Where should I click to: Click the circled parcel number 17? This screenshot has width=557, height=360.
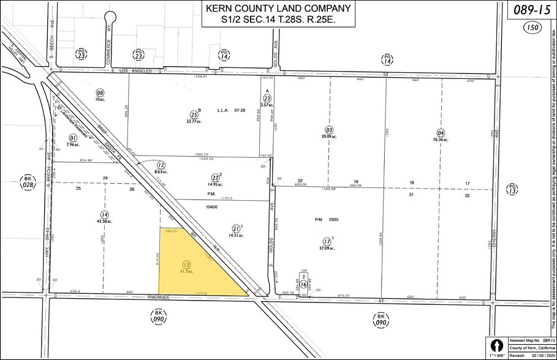326,242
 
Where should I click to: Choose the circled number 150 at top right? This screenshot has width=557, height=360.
532,28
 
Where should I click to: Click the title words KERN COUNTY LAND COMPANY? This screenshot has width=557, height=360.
279,9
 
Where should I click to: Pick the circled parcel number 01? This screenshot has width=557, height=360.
73,121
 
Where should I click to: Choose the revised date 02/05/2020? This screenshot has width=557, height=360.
540,353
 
